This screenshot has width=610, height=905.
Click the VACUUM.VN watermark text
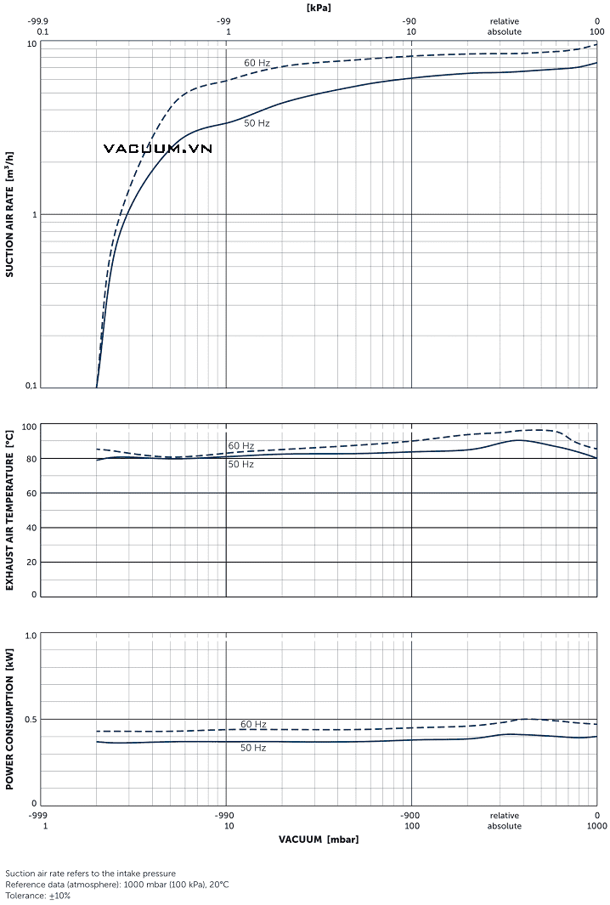tap(157, 149)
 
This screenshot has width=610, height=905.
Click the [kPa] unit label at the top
tap(319, 7)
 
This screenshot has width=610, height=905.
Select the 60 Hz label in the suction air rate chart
tap(257, 63)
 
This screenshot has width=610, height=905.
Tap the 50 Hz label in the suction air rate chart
tap(257, 123)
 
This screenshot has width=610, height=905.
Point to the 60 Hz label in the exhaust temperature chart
tap(240, 446)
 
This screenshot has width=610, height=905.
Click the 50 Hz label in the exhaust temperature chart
tap(240, 464)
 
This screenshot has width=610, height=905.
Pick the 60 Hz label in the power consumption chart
tap(253, 724)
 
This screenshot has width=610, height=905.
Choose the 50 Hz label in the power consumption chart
tap(253, 748)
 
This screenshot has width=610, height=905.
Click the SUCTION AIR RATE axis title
tap(10, 214)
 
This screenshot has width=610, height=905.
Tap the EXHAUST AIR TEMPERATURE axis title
tap(10, 510)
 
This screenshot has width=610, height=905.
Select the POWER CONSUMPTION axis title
tap(10, 720)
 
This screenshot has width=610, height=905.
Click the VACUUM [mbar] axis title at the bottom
tap(319, 840)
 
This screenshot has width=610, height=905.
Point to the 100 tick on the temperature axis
tap(29, 427)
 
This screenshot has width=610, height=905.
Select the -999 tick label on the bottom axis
tap(37, 815)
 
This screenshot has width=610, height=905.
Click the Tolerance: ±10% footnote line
tap(38, 896)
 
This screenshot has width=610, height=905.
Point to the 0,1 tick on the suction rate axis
tap(31, 387)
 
